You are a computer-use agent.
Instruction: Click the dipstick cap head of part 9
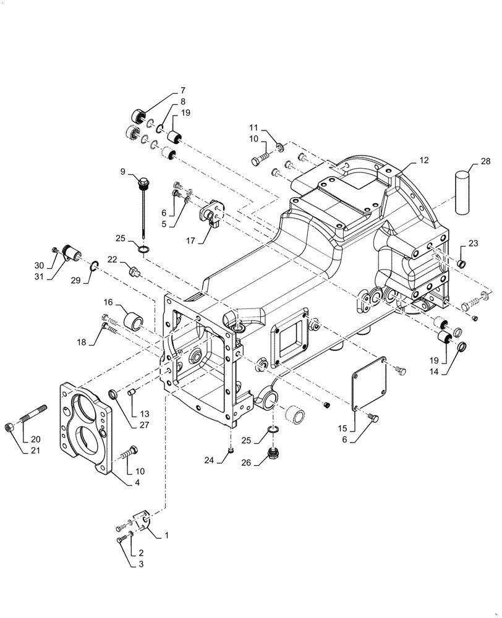[144, 183]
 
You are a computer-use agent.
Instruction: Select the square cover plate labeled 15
[368, 387]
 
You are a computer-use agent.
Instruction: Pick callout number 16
[108, 303]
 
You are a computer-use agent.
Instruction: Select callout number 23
[474, 243]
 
